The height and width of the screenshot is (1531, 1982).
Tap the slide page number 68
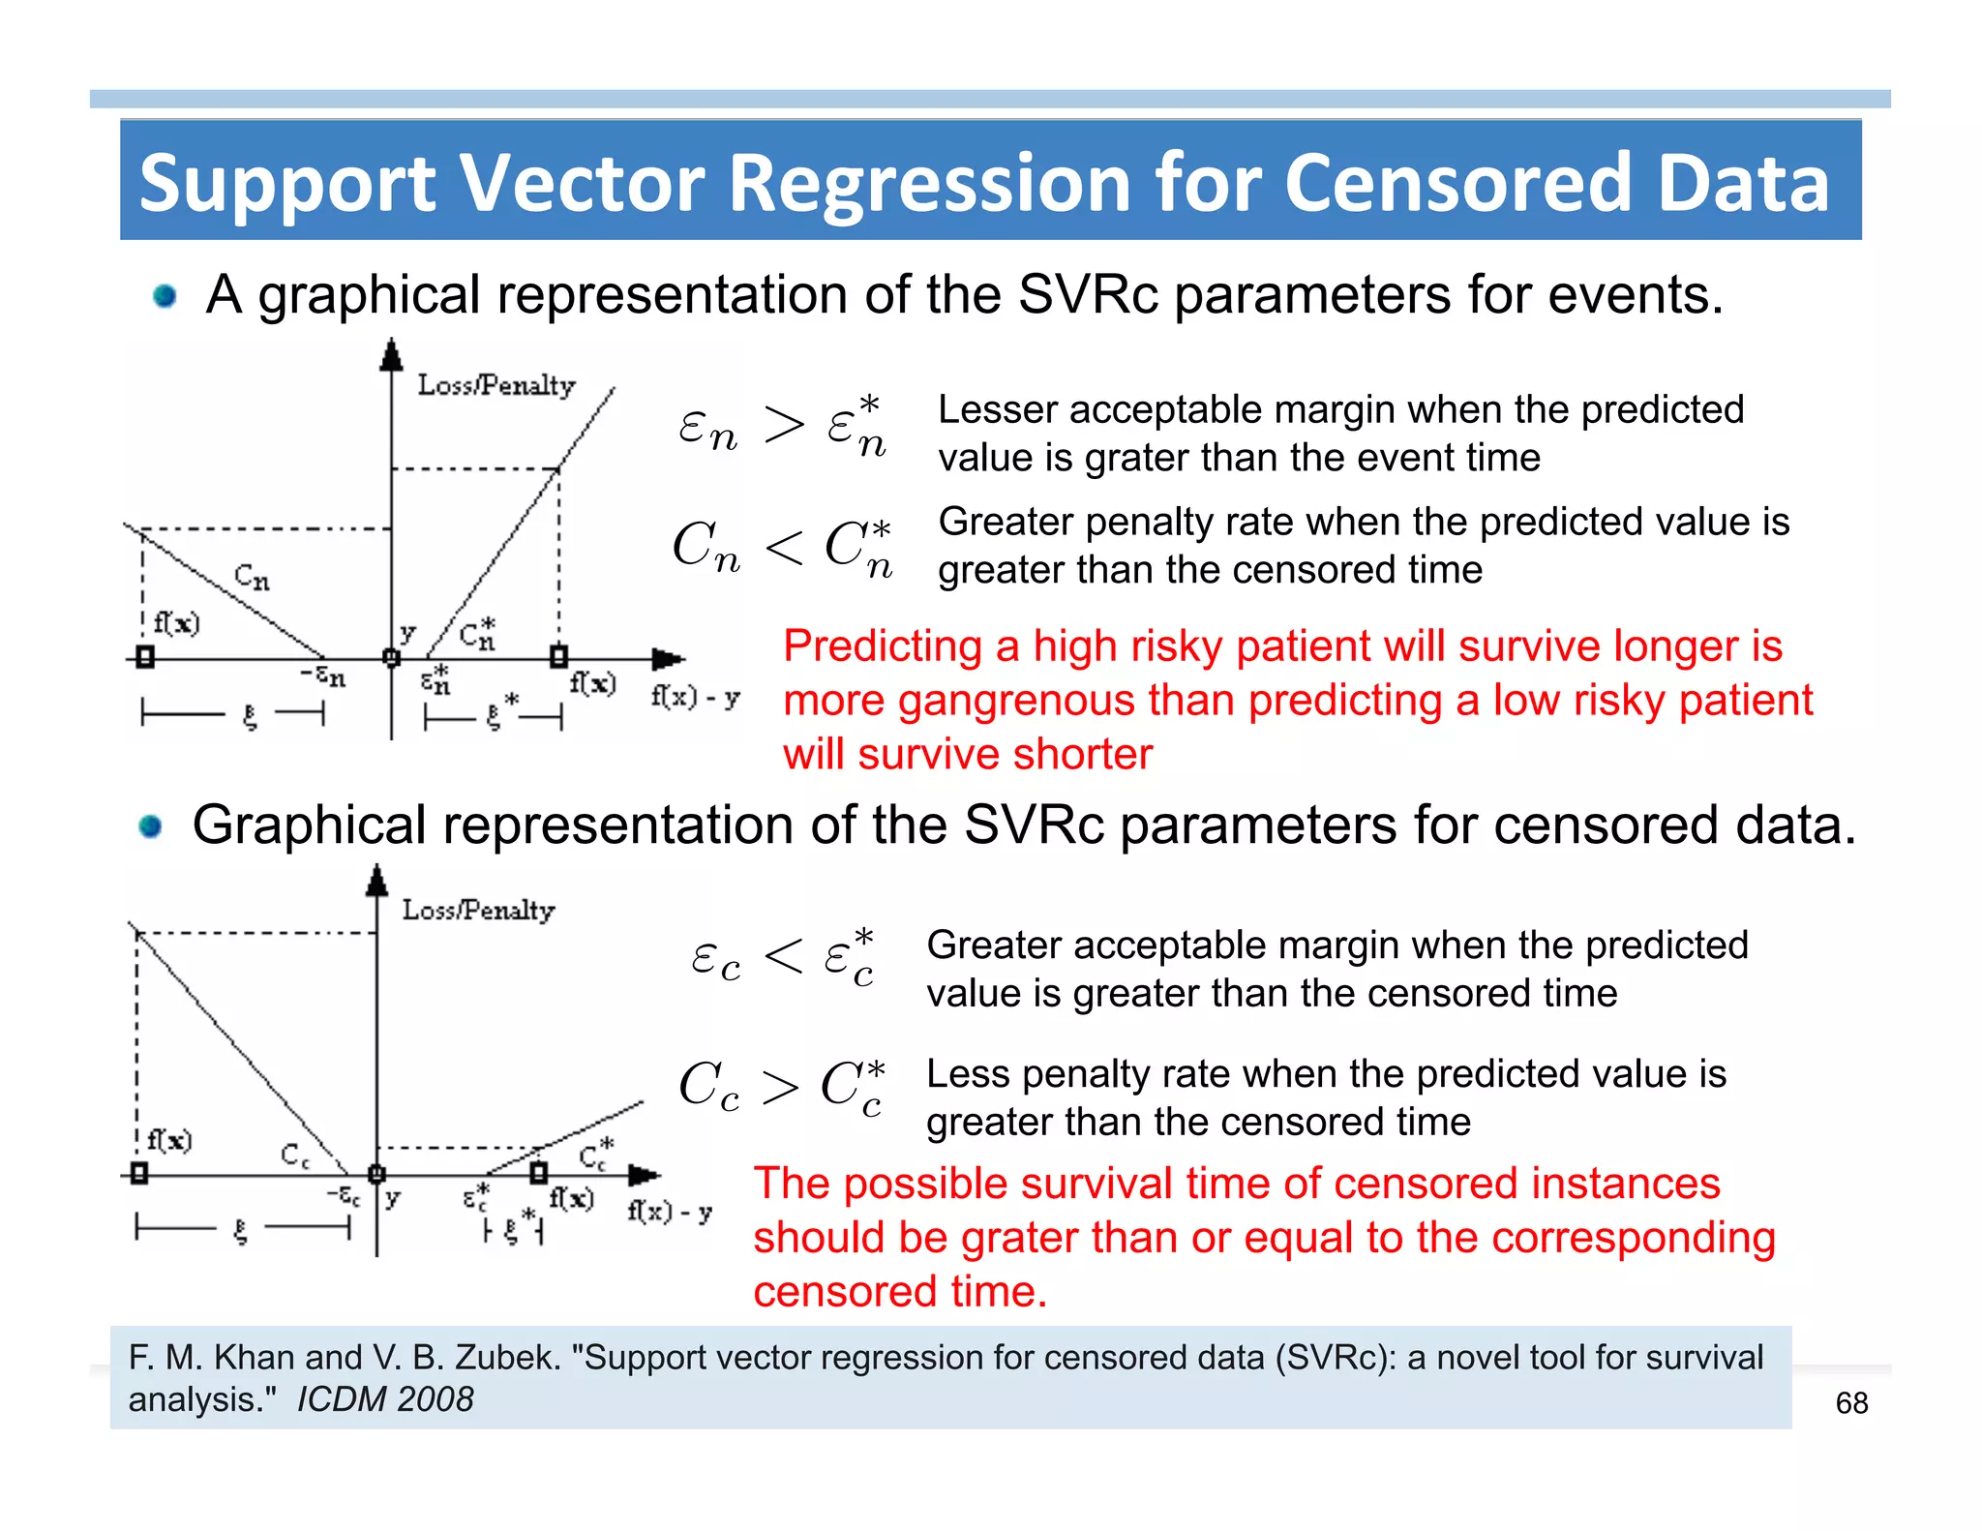(x=1851, y=1402)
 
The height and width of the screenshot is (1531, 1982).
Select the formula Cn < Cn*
(x=782, y=547)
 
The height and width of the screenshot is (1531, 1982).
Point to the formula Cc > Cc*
(x=782, y=1086)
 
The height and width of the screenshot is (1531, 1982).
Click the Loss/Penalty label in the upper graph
(x=496, y=385)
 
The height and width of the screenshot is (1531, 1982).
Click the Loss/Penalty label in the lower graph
(x=478, y=910)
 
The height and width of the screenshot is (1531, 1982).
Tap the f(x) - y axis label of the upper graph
(x=695, y=697)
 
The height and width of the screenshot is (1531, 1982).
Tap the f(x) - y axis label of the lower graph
(x=670, y=1212)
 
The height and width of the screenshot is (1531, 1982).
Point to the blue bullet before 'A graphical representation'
(x=165, y=295)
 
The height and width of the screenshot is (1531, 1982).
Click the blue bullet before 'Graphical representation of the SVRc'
(x=150, y=826)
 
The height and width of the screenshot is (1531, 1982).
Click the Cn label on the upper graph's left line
(x=252, y=578)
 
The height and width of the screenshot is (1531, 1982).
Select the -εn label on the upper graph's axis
(x=324, y=675)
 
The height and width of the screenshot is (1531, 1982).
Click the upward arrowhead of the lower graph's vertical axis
(x=377, y=879)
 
